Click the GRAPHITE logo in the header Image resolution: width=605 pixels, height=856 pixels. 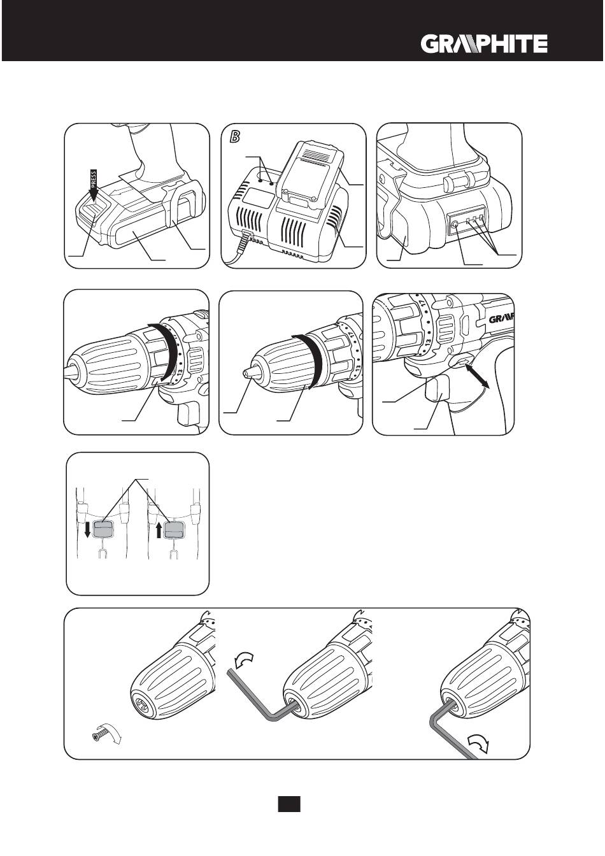[483, 44]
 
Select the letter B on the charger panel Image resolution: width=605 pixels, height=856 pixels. [234, 136]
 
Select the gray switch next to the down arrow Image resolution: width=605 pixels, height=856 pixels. [103, 529]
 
